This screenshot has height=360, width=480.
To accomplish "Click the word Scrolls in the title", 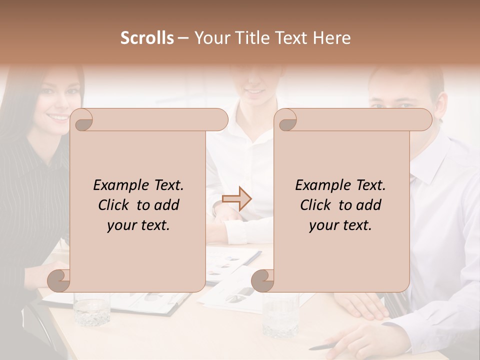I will (x=147, y=38).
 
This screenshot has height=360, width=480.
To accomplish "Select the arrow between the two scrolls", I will (x=236, y=198).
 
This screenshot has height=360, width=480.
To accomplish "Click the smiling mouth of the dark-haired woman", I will (x=58, y=117).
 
